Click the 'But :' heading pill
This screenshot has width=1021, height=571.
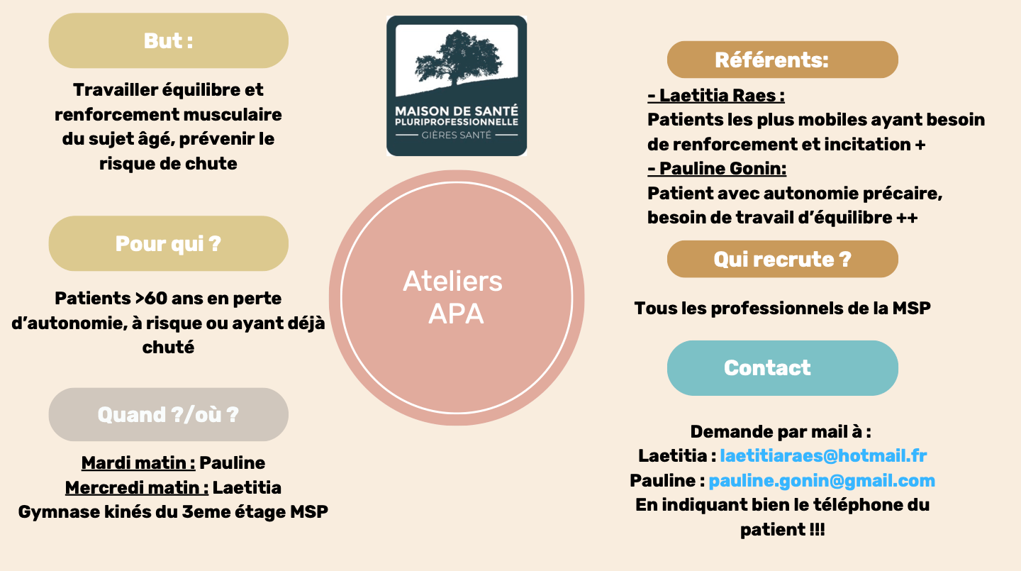(x=168, y=40)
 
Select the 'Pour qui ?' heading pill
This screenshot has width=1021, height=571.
(x=168, y=243)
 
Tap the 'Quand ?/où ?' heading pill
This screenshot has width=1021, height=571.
(x=168, y=414)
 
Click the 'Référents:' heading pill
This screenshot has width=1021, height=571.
(x=782, y=60)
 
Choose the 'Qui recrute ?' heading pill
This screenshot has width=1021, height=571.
(x=782, y=259)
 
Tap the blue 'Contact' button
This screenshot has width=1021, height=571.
(x=782, y=367)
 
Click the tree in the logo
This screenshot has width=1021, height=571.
(x=457, y=60)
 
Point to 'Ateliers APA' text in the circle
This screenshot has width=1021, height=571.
(x=453, y=296)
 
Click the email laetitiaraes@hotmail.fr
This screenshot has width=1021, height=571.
(x=823, y=455)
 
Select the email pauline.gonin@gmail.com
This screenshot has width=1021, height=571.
(x=822, y=480)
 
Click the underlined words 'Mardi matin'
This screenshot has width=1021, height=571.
(x=138, y=463)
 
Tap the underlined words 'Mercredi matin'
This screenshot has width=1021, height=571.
(x=137, y=488)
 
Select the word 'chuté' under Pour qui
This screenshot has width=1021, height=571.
(x=168, y=347)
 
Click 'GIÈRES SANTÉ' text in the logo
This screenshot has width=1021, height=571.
(x=456, y=134)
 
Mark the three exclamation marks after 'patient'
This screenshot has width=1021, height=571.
(x=816, y=530)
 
